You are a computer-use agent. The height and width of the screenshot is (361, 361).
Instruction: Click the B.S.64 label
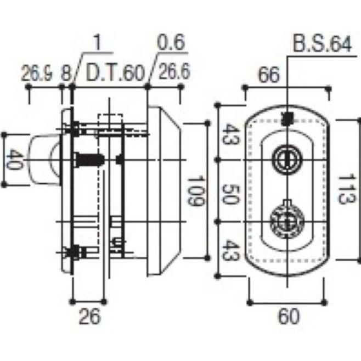coord(323,44)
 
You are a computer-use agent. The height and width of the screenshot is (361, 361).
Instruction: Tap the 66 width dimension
coord(269,75)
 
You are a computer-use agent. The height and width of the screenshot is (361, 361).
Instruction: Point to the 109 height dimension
coord(196,191)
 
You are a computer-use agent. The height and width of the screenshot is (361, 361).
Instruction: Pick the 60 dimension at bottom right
coord(289,317)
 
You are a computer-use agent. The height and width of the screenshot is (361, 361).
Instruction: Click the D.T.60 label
coord(115,73)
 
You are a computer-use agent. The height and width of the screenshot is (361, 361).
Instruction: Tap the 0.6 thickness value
coord(171,43)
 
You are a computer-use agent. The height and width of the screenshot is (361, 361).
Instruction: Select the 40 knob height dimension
coord(14,159)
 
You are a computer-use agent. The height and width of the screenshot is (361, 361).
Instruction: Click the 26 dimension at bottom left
coord(90,317)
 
